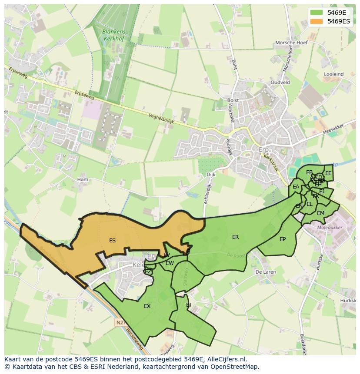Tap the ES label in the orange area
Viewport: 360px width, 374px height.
[x=112, y=241]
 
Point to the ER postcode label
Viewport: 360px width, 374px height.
[x=235, y=237]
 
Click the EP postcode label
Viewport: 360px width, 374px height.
[x=283, y=239]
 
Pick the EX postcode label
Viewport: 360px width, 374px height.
[x=147, y=306]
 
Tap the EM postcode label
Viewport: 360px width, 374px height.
[x=320, y=213]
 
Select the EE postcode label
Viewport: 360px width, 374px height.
[x=328, y=173]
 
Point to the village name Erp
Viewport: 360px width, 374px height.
[x=264, y=149]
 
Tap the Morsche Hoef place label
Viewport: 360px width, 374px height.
[x=291, y=43]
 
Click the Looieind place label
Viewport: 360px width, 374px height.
[x=333, y=74]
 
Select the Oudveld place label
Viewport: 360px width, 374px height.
[x=280, y=83]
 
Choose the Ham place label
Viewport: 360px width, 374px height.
[x=82, y=179]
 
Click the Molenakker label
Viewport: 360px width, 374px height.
[x=330, y=227]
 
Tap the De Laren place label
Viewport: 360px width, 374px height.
[x=265, y=272]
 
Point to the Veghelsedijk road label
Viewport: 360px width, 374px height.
[x=161, y=119]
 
